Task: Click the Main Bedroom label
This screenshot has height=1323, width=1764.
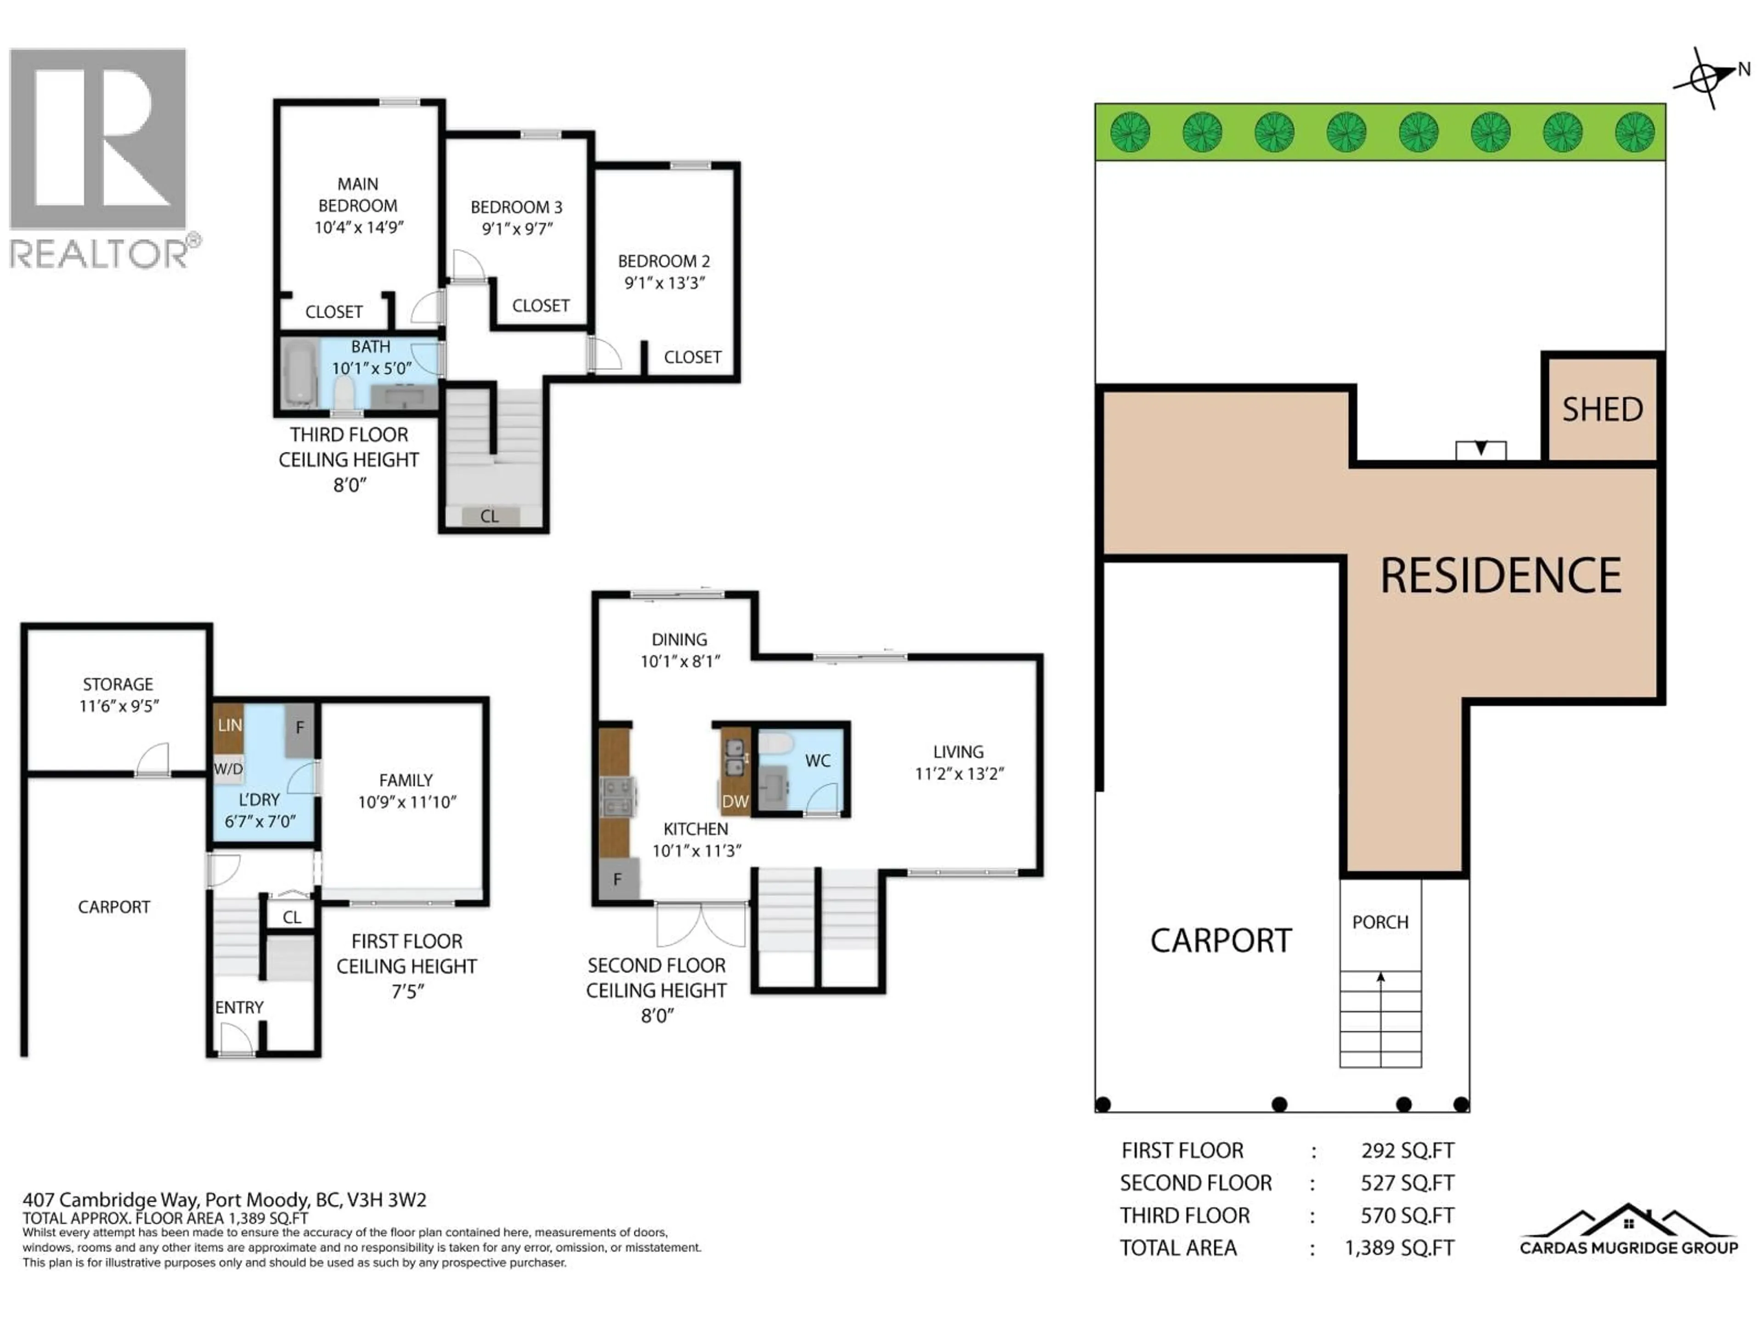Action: tap(357, 195)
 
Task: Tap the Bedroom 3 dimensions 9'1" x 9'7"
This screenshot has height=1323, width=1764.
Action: tap(517, 229)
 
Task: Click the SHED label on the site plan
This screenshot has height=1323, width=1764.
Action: tap(1602, 410)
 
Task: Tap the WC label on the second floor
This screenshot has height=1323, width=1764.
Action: tap(817, 761)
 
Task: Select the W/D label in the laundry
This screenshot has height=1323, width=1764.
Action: tap(228, 769)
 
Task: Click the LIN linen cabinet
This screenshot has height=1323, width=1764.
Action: tap(229, 725)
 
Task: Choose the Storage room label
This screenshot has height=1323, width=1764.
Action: tap(118, 684)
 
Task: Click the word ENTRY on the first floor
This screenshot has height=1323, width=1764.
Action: tap(238, 1007)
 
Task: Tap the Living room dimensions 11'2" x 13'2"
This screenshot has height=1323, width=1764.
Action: tap(959, 774)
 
